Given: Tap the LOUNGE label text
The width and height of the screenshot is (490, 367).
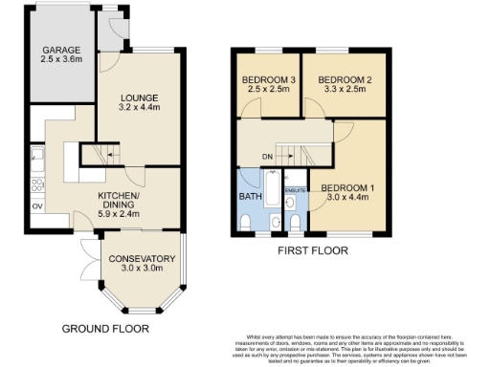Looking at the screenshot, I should tap(140, 97).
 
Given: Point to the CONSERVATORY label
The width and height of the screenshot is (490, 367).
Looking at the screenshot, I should tap(141, 258).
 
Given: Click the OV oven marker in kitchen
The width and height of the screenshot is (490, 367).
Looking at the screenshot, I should tap(37, 205).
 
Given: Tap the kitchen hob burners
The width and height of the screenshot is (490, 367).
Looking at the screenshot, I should tap(36, 179).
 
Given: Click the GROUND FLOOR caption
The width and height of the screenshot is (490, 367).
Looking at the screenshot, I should tap(105, 328).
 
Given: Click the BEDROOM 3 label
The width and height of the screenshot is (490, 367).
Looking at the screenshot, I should tap(262, 78).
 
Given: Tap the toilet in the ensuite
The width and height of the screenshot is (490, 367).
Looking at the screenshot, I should tap(296, 223).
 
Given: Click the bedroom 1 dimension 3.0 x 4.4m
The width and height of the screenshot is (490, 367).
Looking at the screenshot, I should tap(348, 197).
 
